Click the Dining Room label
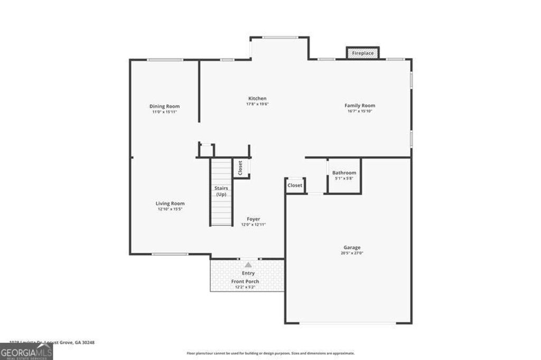pos(165,106)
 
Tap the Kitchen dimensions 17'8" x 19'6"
pos(257,104)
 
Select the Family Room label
pos(360,106)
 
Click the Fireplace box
pos(363,53)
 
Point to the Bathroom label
pos(344,173)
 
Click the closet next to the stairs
pos(241,168)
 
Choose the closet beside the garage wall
pos(295,185)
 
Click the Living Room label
pos(170,203)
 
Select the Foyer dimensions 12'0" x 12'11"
pos(254,224)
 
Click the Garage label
pos(352,248)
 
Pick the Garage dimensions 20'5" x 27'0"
pos(352,253)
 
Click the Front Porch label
pos(245,281)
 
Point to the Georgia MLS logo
pos(26,351)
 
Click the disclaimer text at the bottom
pos(270,353)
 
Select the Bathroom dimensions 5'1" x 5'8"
pos(344,178)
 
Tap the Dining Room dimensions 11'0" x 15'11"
pos(165,112)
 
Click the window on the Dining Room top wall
pos(165,60)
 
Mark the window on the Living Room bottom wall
pos(170,254)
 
